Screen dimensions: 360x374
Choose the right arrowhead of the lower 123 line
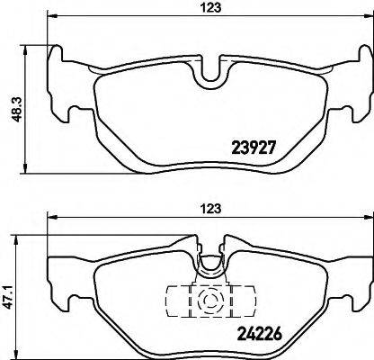point(364,217)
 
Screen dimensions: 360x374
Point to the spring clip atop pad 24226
point(211,263)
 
